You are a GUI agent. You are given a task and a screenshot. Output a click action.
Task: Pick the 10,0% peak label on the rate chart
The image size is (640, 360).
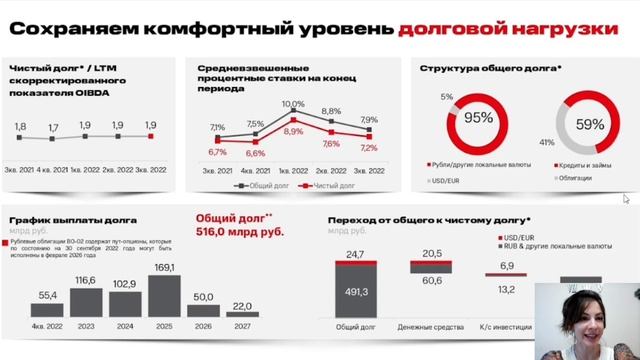[x=293, y=104]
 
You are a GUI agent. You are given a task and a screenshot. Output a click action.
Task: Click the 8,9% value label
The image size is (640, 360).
[x=294, y=131]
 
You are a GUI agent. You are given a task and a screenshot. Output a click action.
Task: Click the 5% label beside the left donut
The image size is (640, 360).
[x=446, y=97]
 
